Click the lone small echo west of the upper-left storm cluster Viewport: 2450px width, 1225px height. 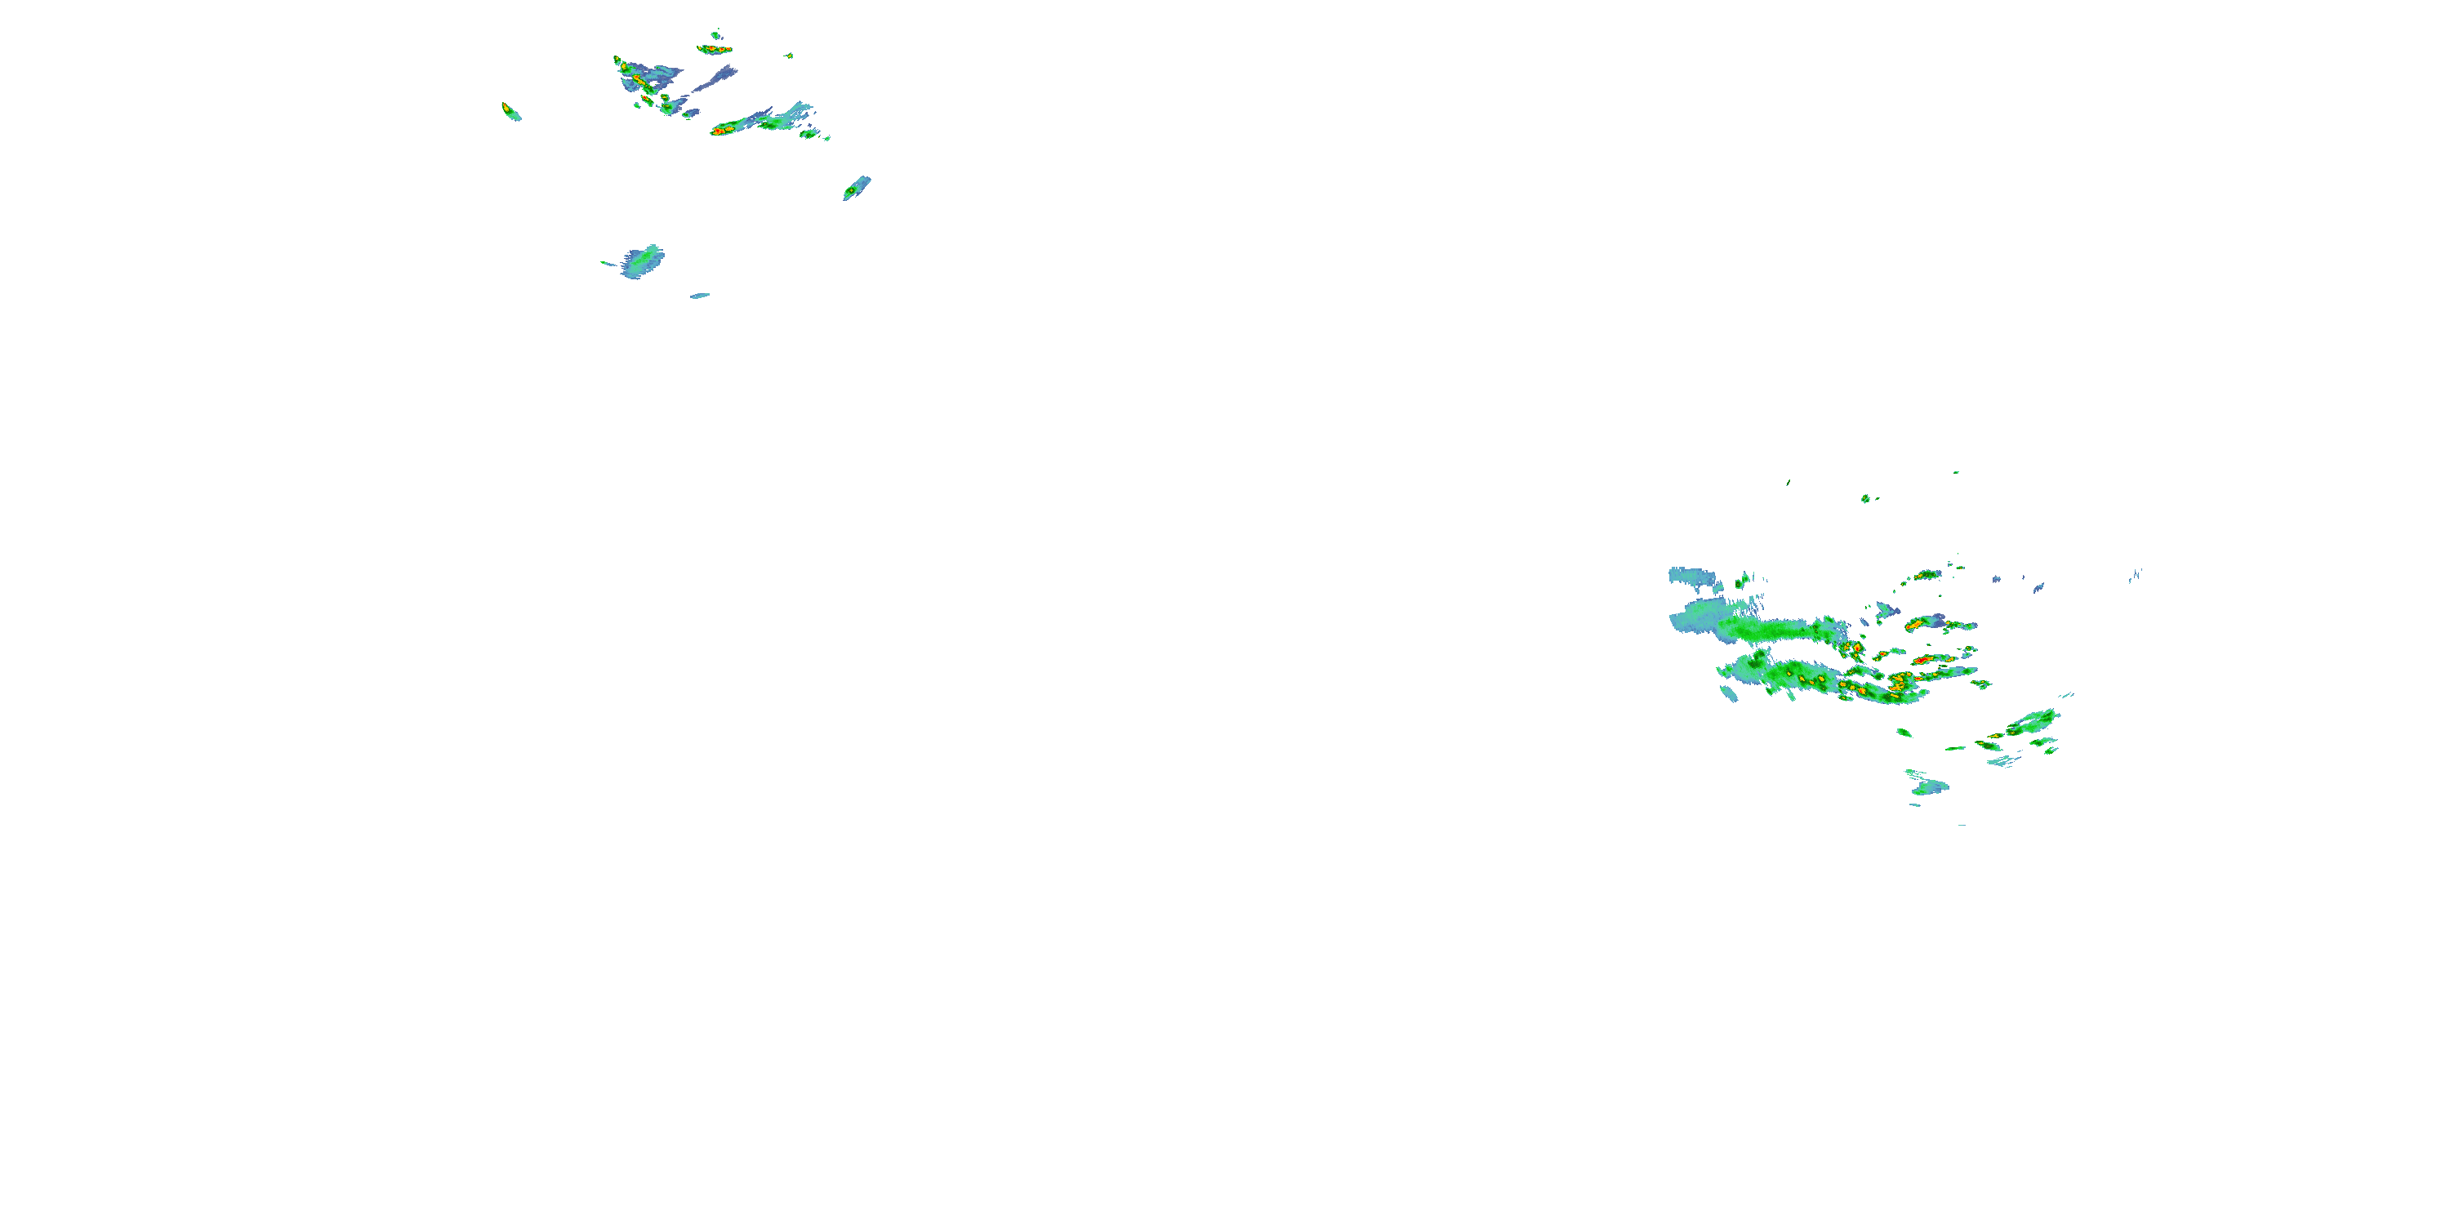[510, 112]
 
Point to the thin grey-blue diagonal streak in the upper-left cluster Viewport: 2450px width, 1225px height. [713, 80]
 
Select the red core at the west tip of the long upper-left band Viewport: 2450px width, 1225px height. [721, 131]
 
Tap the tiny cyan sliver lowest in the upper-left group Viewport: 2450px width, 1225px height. [700, 296]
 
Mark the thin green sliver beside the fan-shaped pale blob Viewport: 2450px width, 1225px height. [608, 264]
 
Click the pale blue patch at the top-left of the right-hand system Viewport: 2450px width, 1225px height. [1692, 576]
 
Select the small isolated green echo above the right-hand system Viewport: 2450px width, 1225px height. [1865, 498]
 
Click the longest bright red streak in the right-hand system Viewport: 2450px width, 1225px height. [1926, 659]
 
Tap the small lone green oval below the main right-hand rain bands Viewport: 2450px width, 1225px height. [1904, 733]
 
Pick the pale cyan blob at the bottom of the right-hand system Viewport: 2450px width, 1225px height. [1931, 787]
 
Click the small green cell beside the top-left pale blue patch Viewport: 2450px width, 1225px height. [1744, 578]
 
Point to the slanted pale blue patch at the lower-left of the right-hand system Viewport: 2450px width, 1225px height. [1728, 693]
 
